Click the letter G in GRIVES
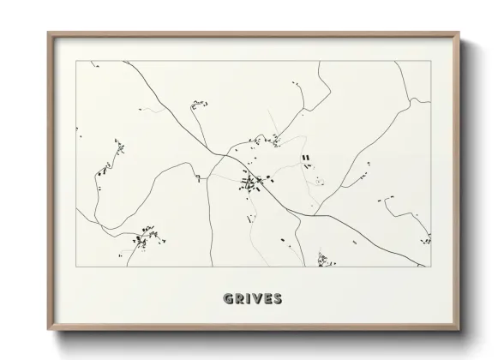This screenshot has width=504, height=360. (x=228, y=299)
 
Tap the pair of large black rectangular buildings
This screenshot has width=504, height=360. (x=305, y=158)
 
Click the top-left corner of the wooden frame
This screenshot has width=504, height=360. (x=48, y=33)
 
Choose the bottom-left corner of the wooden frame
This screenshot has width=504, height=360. (x=48, y=330)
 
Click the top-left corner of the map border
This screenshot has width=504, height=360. (x=76, y=61)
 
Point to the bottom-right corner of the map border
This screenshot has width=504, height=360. (x=431, y=267)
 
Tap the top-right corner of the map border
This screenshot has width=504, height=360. (x=431, y=61)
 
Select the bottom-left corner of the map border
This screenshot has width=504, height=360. (x=76, y=267)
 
